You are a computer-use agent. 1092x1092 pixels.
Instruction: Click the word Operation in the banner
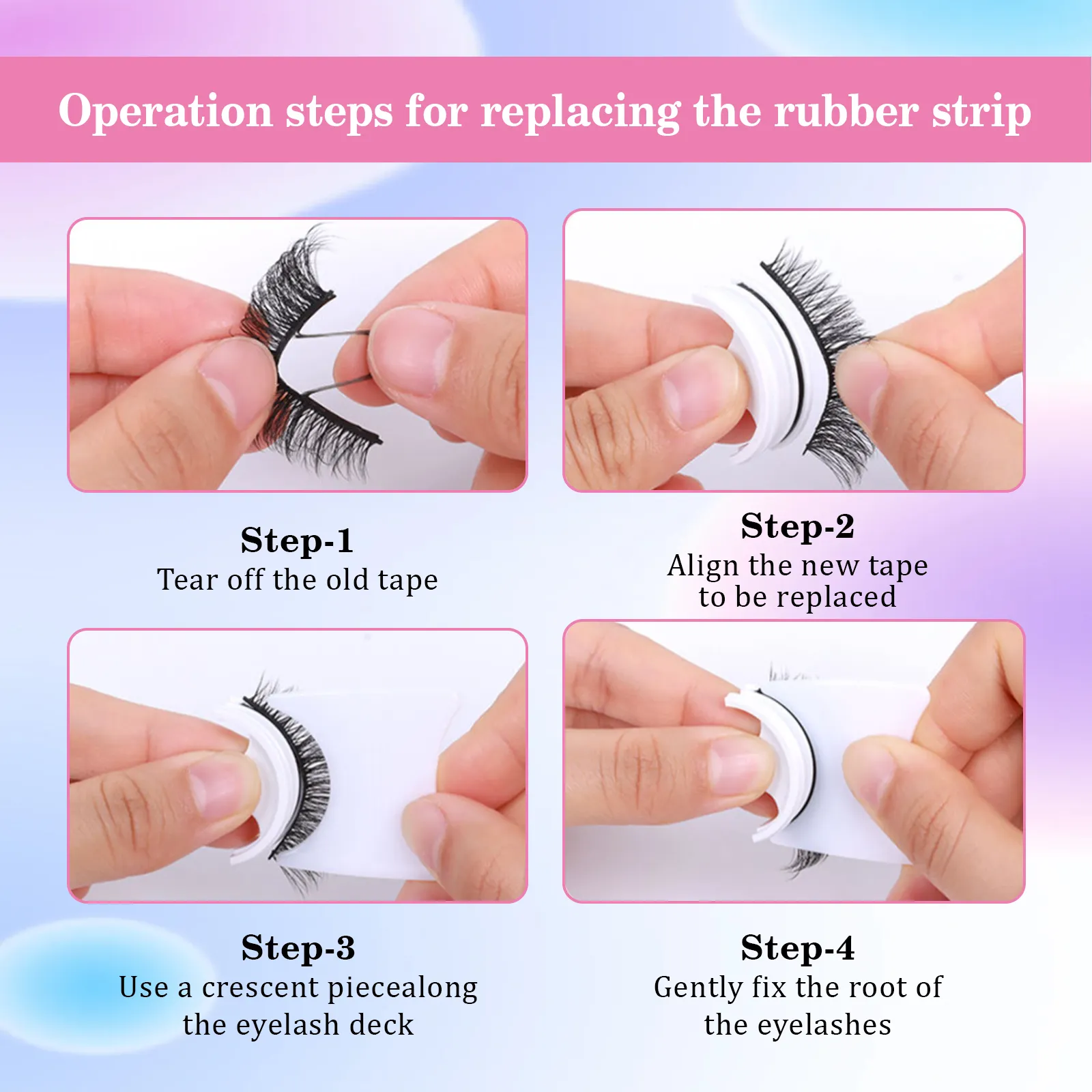coord(165,111)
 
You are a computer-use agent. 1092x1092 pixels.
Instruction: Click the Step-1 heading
coord(297,541)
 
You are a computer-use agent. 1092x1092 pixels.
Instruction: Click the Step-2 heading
coord(797,526)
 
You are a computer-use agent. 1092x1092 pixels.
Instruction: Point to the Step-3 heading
coord(298,948)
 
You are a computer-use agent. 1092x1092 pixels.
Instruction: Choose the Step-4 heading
coord(797,948)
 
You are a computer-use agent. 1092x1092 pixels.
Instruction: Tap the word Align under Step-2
coord(703,566)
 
